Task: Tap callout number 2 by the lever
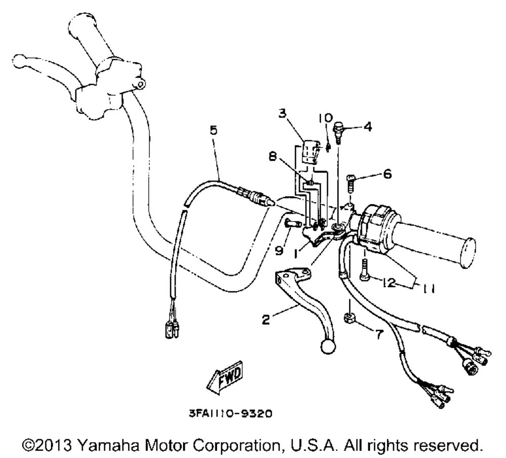pos(266,320)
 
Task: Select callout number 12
pos(388,283)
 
